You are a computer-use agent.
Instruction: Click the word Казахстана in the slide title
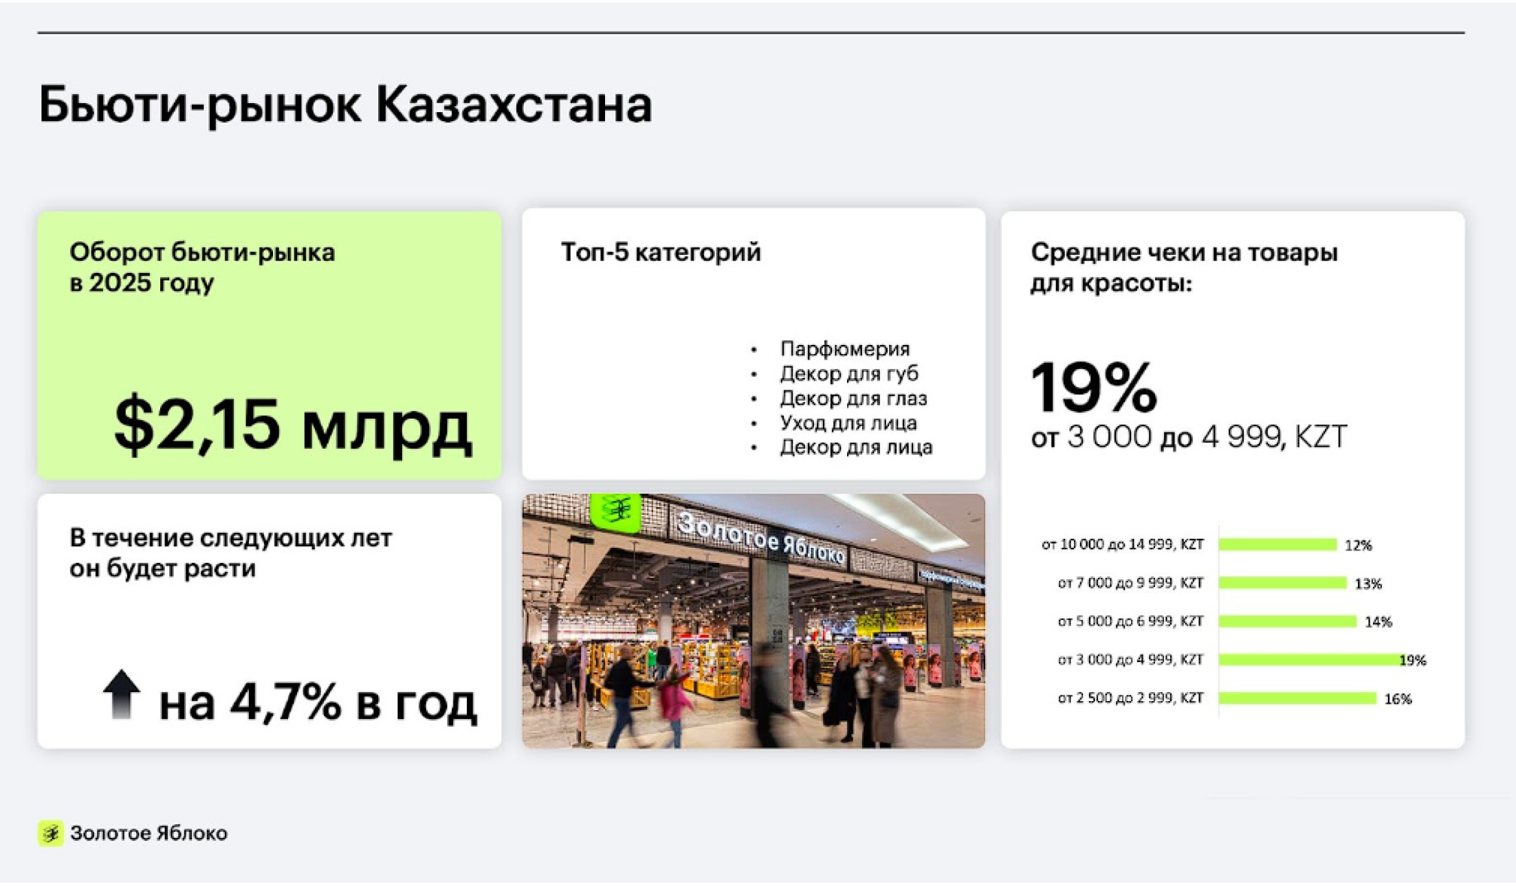[x=514, y=105]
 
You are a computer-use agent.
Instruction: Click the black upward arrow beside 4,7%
[x=122, y=694]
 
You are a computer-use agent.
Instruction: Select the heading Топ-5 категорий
[x=661, y=252]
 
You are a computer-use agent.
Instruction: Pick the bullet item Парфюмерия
[x=845, y=349]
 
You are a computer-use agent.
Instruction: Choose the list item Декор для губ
[x=849, y=373]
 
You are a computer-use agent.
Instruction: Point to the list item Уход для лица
[x=848, y=423]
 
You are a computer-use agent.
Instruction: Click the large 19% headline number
[x=1094, y=388]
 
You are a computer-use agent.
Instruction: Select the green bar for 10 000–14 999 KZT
[x=1277, y=545]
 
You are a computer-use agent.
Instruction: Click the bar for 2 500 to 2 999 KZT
[x=1297, y=698]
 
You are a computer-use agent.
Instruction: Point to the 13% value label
[x=1368, y=584]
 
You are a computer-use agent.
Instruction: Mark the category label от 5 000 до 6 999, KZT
[x=1130, y=621]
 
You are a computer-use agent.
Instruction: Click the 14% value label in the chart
[x=1378, y=622]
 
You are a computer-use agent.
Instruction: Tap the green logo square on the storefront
[x=615, y=511]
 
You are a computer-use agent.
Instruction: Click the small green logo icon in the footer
[x=50, y=834]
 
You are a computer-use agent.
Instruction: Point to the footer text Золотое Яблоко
[x=149, y=834]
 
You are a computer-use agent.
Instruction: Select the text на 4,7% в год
[x=318, y=702]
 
